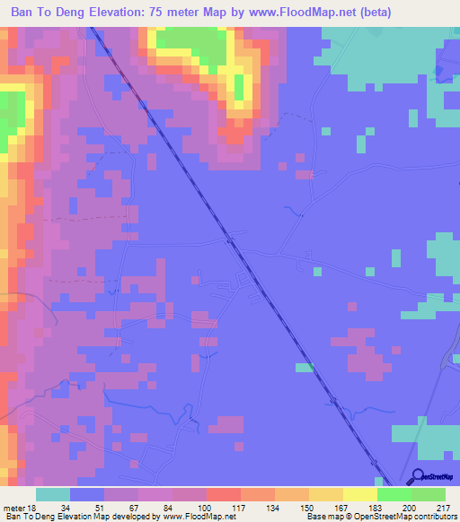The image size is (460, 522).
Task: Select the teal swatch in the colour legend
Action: click(53, 494)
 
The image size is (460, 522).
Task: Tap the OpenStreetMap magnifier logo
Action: click(418, 476)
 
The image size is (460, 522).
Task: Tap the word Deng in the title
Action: click(61, 12)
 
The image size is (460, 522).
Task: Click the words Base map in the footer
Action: click(322, 517)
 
